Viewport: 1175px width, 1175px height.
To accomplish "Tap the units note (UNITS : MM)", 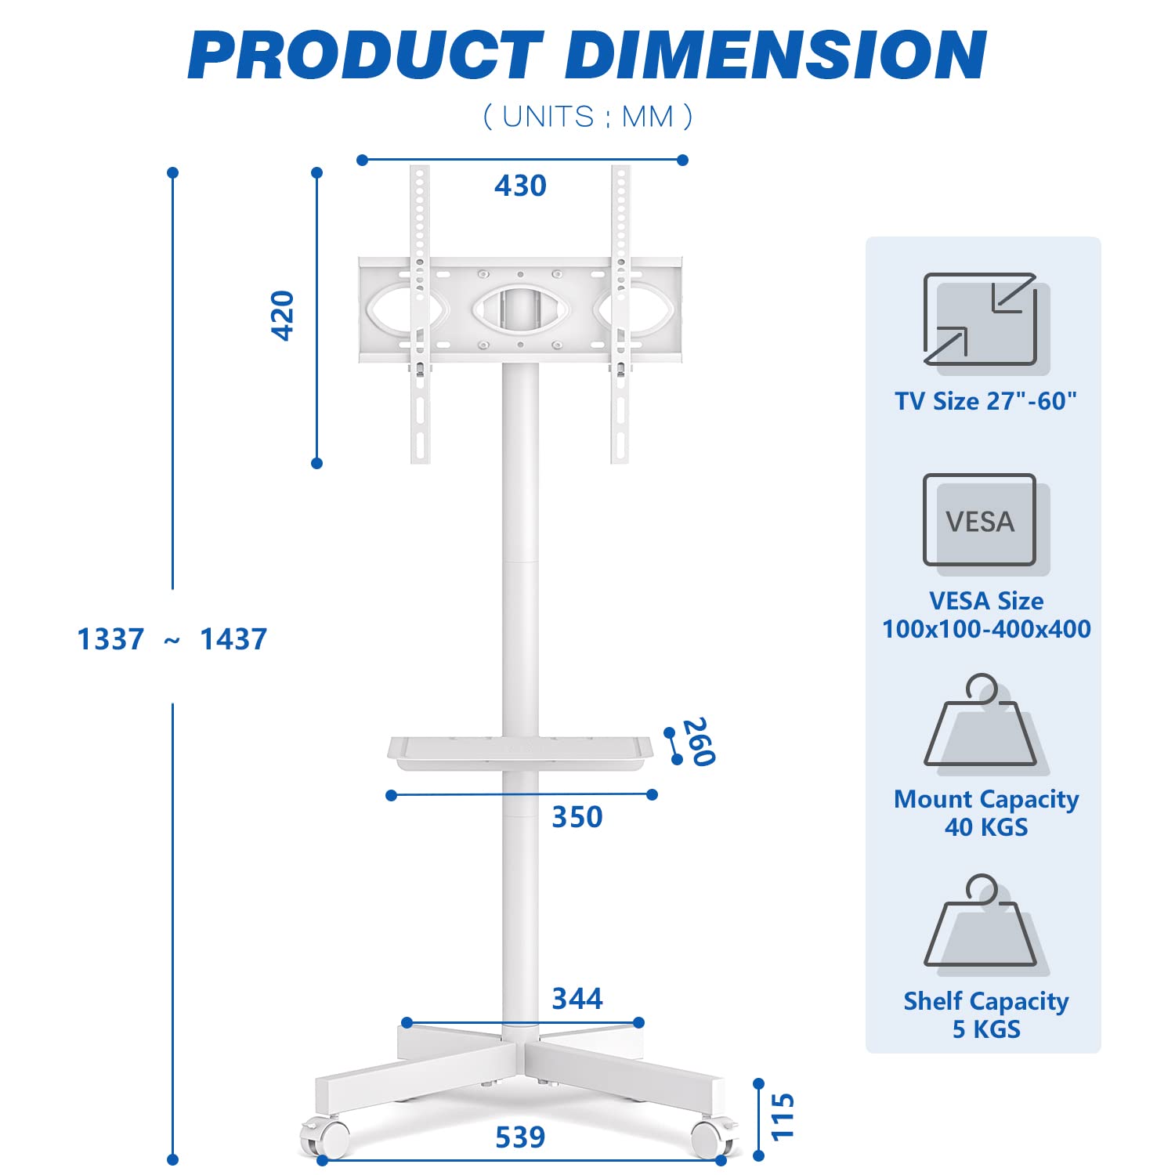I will (x=587, y=117).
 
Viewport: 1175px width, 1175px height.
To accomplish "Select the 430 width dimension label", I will (x=520, y=186).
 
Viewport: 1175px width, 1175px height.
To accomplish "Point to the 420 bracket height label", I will (x=282, y=316).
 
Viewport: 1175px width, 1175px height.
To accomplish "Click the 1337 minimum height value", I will (x=110, y=639).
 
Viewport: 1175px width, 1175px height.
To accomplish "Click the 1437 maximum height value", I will (x=233, y=639).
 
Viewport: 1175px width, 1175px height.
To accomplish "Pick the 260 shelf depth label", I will (x=699, y=741).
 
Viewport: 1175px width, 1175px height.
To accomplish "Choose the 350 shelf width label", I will (x=577, y=817).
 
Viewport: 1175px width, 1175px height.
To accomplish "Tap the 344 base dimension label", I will (x=577, y=999).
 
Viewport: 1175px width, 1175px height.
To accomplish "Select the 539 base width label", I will (x=520, y=1137).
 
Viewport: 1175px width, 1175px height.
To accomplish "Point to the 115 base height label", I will (x=783, y=1117).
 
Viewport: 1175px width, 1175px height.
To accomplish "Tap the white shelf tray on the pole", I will (x=520, y=752).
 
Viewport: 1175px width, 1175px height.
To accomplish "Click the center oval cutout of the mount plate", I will (x=520, y=308).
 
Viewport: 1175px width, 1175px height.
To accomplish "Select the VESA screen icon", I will (x=980, y=520).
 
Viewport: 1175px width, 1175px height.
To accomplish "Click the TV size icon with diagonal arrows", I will (x=980, y=320).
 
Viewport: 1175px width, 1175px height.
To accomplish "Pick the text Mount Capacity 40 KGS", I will (x=986, y=813).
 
